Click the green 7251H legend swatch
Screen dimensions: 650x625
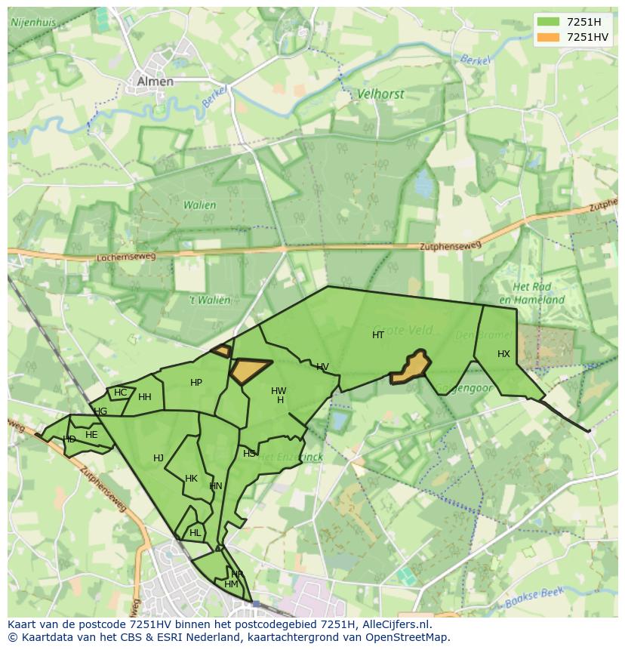[x=548, y=22]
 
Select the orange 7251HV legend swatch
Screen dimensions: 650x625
[x=548, y=37]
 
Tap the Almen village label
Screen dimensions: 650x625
[x=155, y=82]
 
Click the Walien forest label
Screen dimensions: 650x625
[x=199, y=205]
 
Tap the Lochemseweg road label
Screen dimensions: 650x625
[x=126, y=257]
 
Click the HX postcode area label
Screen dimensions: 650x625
[x=503, y=354]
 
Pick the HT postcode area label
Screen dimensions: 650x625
[x=378, y=334]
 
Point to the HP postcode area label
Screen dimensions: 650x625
[x=196, y=383]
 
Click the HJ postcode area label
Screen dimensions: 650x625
[x=159, y=458]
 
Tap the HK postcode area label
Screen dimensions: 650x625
[x=191, y=479]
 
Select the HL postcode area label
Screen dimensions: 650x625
[x=196, y=532]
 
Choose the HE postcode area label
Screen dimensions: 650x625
[x=91, y=435]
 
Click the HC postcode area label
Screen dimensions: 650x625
[x=121, y=393]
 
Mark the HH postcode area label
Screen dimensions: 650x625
[x=145, y=397]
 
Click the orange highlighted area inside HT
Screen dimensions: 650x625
[x=411, y=367]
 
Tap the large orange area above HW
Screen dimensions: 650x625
[x=248, y=370]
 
